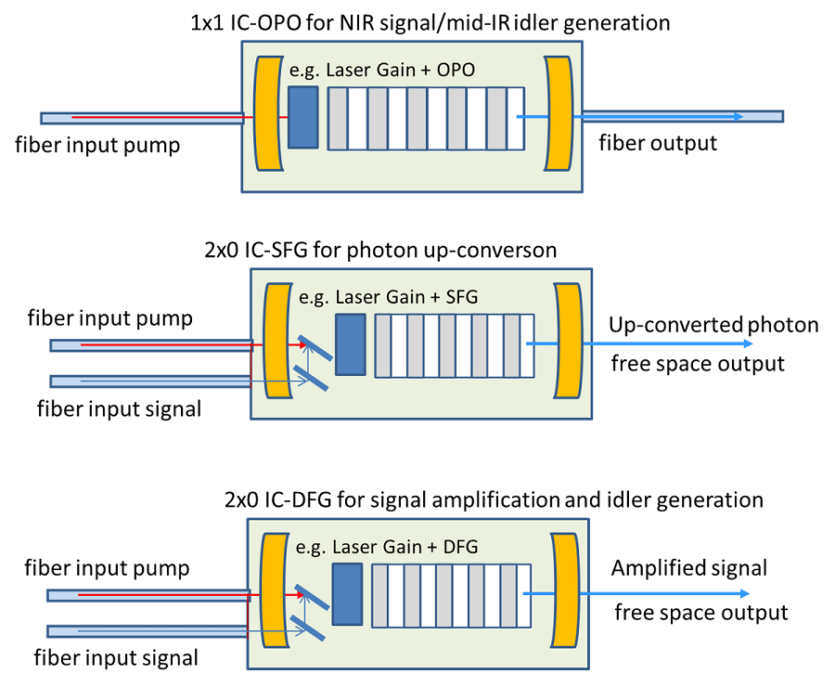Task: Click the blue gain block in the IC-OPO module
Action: (303, 117)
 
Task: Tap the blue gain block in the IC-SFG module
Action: (350, 344)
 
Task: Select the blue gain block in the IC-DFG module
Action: (346, 592)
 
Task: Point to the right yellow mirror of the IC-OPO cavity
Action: (560, 113)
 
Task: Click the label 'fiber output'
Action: (658, 143)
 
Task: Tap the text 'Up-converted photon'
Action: (713, 325)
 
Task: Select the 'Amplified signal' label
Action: (689, 567)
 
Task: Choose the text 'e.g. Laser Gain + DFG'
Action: (388, 547)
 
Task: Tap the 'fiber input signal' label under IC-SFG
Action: (119, 408)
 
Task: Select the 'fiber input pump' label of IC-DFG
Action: (107, 567)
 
